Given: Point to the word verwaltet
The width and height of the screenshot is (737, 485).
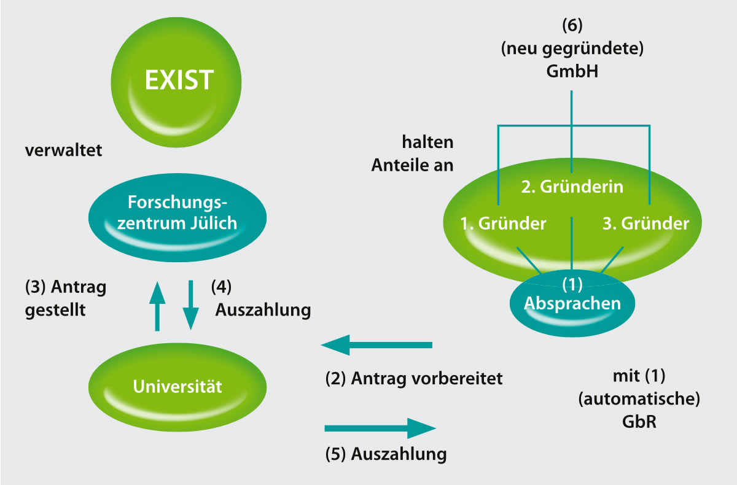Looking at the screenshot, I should [63, 150].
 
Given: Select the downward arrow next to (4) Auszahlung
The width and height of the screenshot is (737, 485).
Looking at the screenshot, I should [191, 306].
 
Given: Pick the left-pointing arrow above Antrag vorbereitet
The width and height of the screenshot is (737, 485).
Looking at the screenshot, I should [376, 346].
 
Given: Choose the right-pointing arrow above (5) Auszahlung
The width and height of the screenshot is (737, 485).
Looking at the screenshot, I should [380, 427].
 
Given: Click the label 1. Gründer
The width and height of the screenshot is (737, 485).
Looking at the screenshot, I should [503, 223].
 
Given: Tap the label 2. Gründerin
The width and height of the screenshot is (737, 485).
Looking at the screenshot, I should [572, 187].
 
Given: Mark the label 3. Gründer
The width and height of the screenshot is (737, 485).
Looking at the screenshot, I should [645, 223].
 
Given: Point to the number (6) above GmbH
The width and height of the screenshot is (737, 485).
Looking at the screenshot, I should [572, 27].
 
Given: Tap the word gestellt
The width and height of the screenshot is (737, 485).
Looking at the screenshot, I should [55, 309].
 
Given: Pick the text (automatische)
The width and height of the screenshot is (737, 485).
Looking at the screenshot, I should [639, 398].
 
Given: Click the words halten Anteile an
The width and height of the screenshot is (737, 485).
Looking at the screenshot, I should [412, 154].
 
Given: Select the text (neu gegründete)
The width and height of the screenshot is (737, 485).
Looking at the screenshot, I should [572, 49].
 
